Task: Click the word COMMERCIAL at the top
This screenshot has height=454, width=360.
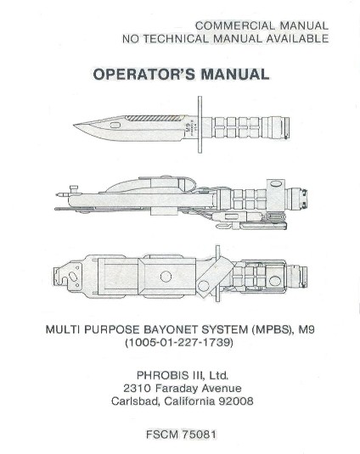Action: click(x=234, y=25)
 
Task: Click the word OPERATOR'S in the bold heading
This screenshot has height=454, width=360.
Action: click(x=144, y=74)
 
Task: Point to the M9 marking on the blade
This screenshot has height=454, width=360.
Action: click(x=188, y=127)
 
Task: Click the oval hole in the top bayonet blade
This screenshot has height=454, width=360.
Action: click(x=115, y=126)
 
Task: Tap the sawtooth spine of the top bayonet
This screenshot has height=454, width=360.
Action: click(x=155, y=118)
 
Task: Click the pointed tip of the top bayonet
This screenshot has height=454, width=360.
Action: click(x=74, y=125)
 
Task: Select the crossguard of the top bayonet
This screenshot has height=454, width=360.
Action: click(x=200, y=125)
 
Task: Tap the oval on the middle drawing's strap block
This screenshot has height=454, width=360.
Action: click(x=276, y=184)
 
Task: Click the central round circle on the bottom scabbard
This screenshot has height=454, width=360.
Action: click(x=166, y=277)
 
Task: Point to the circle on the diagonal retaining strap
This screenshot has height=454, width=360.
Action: click(x=204, y=286)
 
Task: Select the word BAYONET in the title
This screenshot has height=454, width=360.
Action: click(x=171, y=329)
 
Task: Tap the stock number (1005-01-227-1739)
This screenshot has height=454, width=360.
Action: click(x=179, y=343)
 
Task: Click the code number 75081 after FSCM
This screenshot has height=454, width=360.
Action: click(x=199, y=434)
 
